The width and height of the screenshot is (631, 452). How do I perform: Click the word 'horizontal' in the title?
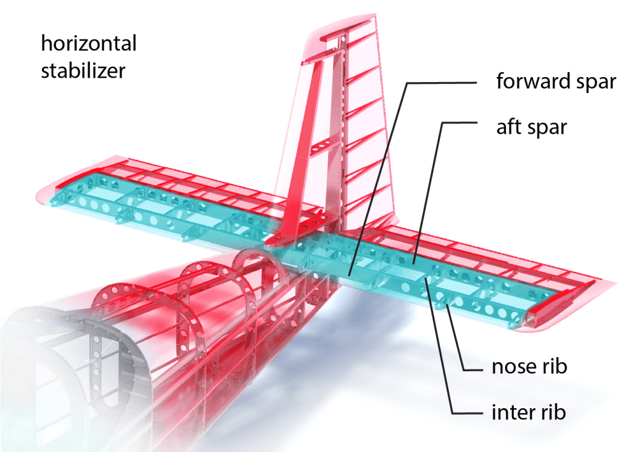pos(88,44)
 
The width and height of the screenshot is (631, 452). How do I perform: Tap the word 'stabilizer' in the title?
pos(83,70)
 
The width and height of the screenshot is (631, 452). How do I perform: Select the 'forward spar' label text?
pos(556,81)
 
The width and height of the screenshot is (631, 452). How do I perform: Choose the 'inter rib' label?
pos(528,411)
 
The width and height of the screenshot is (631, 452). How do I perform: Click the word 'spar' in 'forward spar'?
pos(593,81)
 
